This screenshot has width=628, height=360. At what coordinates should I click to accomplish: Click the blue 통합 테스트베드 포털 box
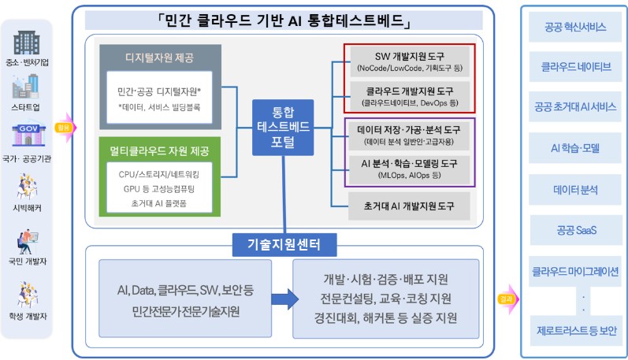tap(282, 125)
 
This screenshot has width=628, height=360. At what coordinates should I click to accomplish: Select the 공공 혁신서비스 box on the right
tap(574, 28)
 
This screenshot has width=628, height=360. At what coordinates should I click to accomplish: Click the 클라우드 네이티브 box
tap(574, 66)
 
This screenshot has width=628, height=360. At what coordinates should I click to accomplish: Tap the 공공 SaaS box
tap(574, 230)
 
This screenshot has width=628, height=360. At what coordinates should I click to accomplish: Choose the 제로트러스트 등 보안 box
tap(574, 331)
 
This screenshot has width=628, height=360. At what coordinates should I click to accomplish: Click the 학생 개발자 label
tap(27, 315)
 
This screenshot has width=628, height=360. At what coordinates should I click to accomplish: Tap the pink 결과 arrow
tap(506, 299)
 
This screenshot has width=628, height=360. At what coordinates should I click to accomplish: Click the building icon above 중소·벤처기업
tap(27, 39)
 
